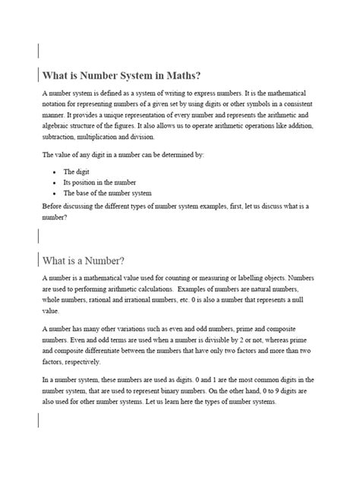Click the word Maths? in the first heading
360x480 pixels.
coord(178,75)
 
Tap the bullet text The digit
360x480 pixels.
coord(76,172)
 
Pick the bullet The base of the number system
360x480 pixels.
coord(107,193)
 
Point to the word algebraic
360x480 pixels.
coord(57,125)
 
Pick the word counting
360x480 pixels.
coord(187,279)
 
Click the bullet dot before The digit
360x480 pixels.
coord(54,172)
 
